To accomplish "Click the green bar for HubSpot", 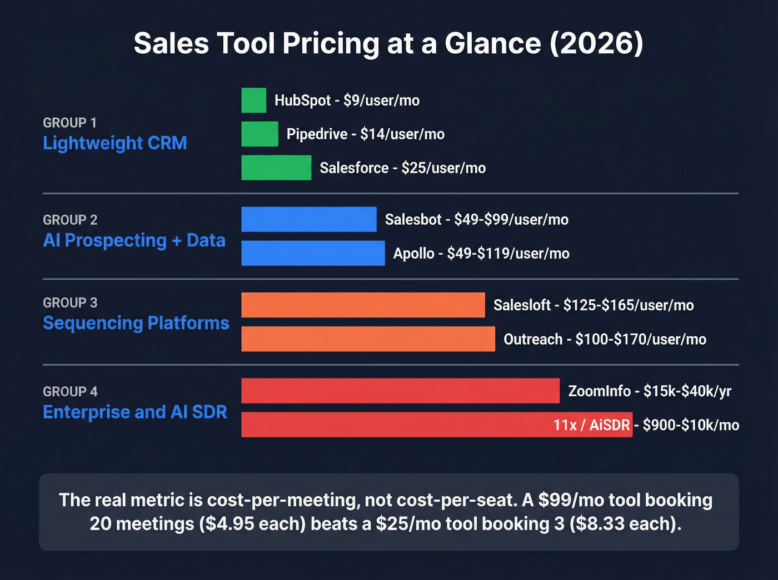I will coord(253,100).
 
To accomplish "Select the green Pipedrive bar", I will coord(260,134).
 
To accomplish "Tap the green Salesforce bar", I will coord(276,168).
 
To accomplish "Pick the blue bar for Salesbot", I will coord(308,219).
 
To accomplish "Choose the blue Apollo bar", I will coord(313,253).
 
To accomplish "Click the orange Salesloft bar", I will coord(363,305).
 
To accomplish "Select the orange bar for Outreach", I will coord(368,339).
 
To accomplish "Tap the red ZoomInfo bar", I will coord(400,391).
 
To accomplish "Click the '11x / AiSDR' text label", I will coord(591,425).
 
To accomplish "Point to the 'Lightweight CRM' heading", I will coord(115,143).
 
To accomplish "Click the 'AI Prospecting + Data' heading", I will coord(134,240).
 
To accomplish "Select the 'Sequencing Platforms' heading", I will coord(136,323).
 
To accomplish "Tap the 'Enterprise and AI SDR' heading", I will coord(134,412).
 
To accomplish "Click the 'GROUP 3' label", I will coord(70,302).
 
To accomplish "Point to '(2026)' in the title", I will coord(596,43).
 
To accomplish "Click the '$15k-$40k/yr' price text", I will coord(687,391).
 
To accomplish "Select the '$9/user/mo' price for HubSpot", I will coord(381,100).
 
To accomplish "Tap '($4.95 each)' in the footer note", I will coord(252,523).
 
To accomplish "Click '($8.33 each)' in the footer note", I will coord(625,523).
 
